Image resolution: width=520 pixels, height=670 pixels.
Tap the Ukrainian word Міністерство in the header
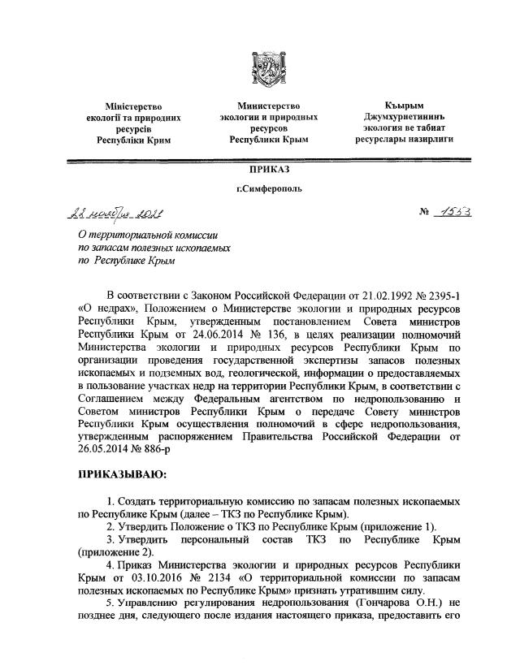134,106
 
